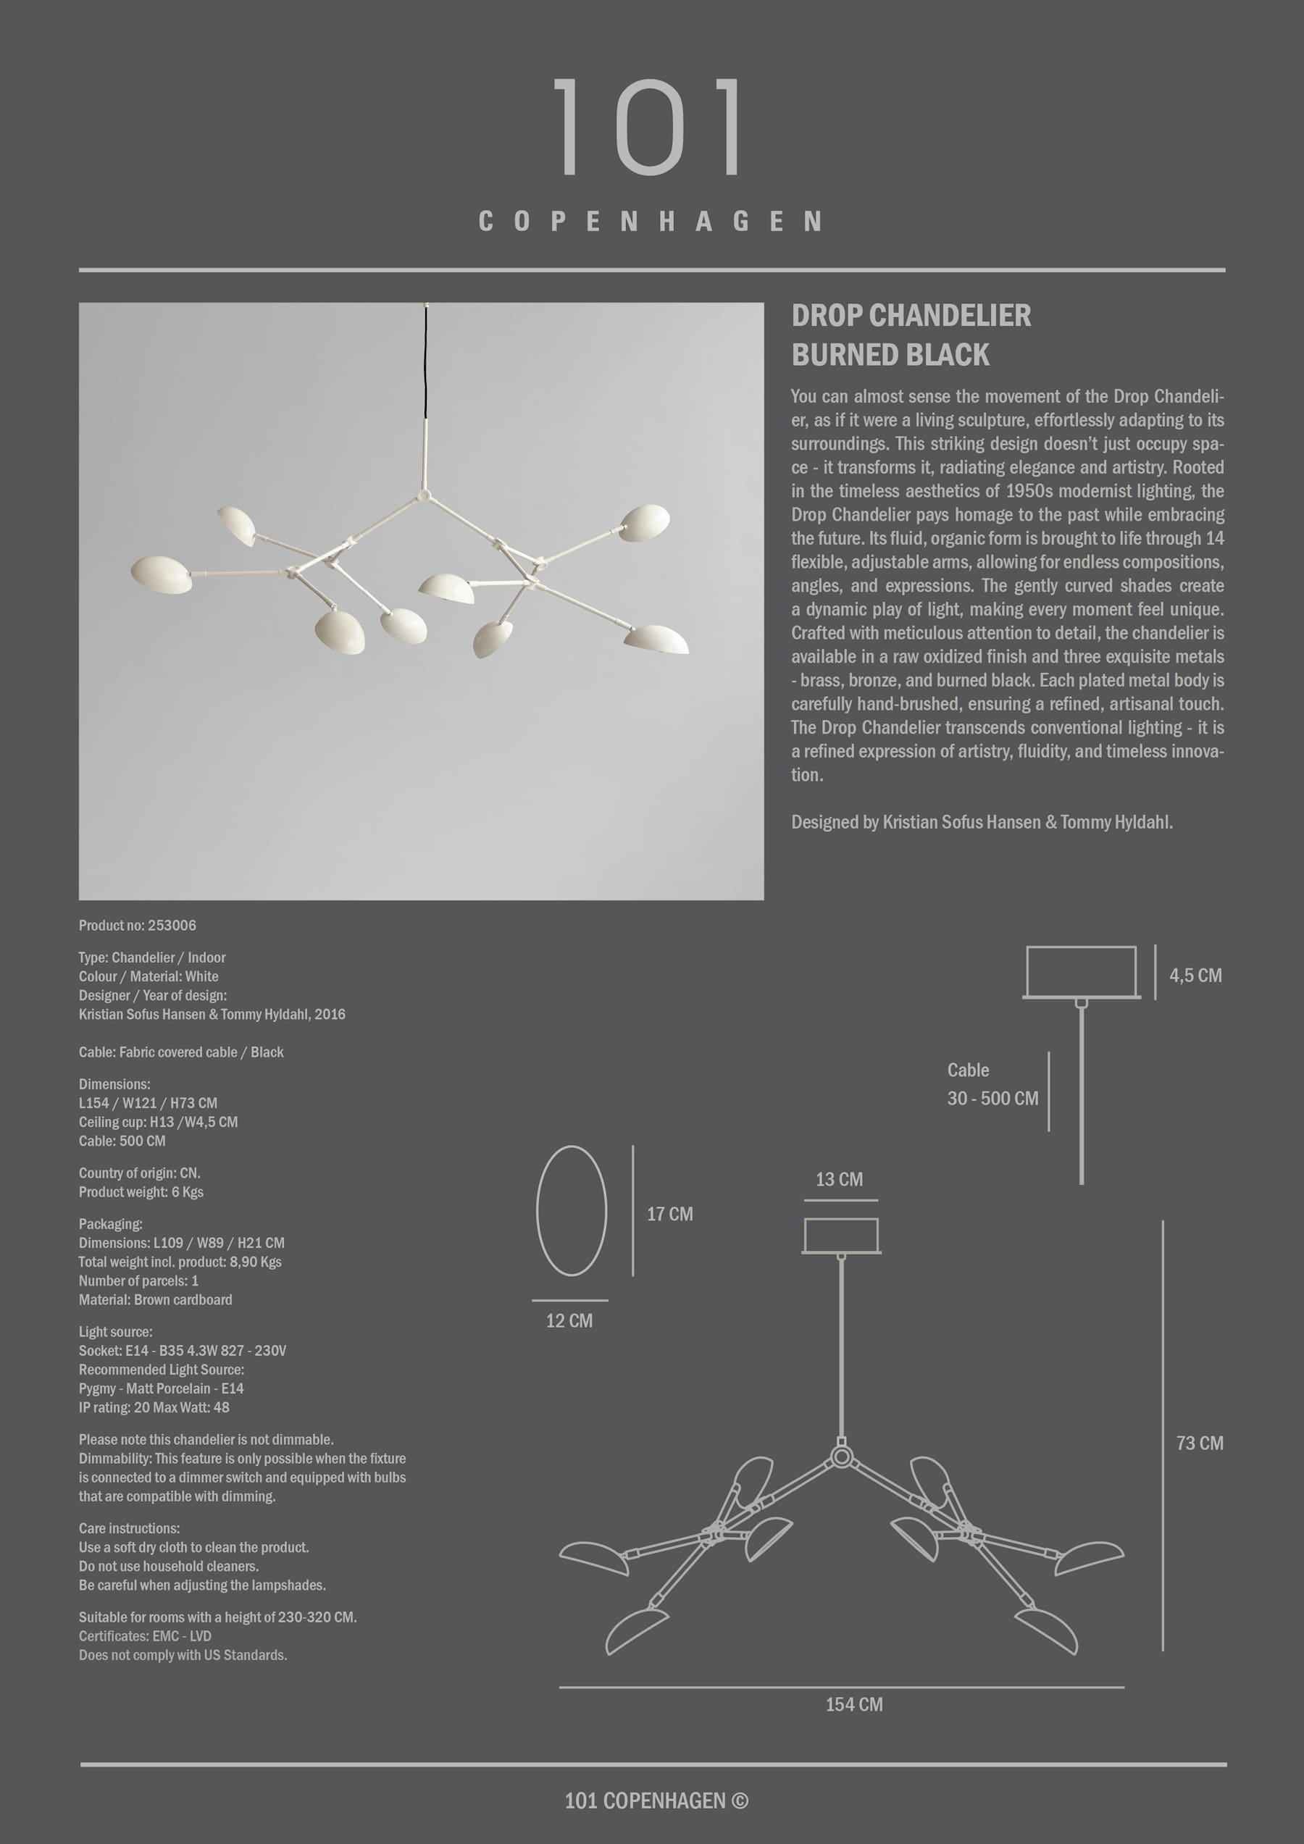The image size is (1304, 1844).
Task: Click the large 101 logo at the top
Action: tap(649, 127)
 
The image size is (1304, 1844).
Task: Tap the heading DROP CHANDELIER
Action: tap(911, 316)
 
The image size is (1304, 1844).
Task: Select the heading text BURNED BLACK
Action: tap(890, 355)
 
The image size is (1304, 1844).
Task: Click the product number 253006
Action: tap(171, 925)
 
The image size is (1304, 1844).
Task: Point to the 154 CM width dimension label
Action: tap(853, 1704)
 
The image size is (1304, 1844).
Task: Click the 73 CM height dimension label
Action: tap(1199, 1443)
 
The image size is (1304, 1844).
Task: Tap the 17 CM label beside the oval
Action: tap(669, 1214)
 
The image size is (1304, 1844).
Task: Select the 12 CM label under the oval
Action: tap(569, 1320)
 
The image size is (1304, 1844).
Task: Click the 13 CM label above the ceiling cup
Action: tap(839, 1179)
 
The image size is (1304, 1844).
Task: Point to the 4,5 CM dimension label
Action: tap(1195, 975)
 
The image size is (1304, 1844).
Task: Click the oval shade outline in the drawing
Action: tap(572, 1210)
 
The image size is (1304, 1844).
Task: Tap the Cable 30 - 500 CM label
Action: tap(992, 1084)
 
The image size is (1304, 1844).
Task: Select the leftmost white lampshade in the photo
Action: tap(162, 574)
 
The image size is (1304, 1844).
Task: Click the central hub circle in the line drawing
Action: tap(841, 1456)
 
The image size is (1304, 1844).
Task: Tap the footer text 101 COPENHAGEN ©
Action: tap(656, 1801)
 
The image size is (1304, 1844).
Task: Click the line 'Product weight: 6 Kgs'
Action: tap(141, 1192)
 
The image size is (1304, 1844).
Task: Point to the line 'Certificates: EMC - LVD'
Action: tap(145, 1636)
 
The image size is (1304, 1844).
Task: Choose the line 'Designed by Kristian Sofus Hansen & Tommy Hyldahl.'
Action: tap(981, 821)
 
